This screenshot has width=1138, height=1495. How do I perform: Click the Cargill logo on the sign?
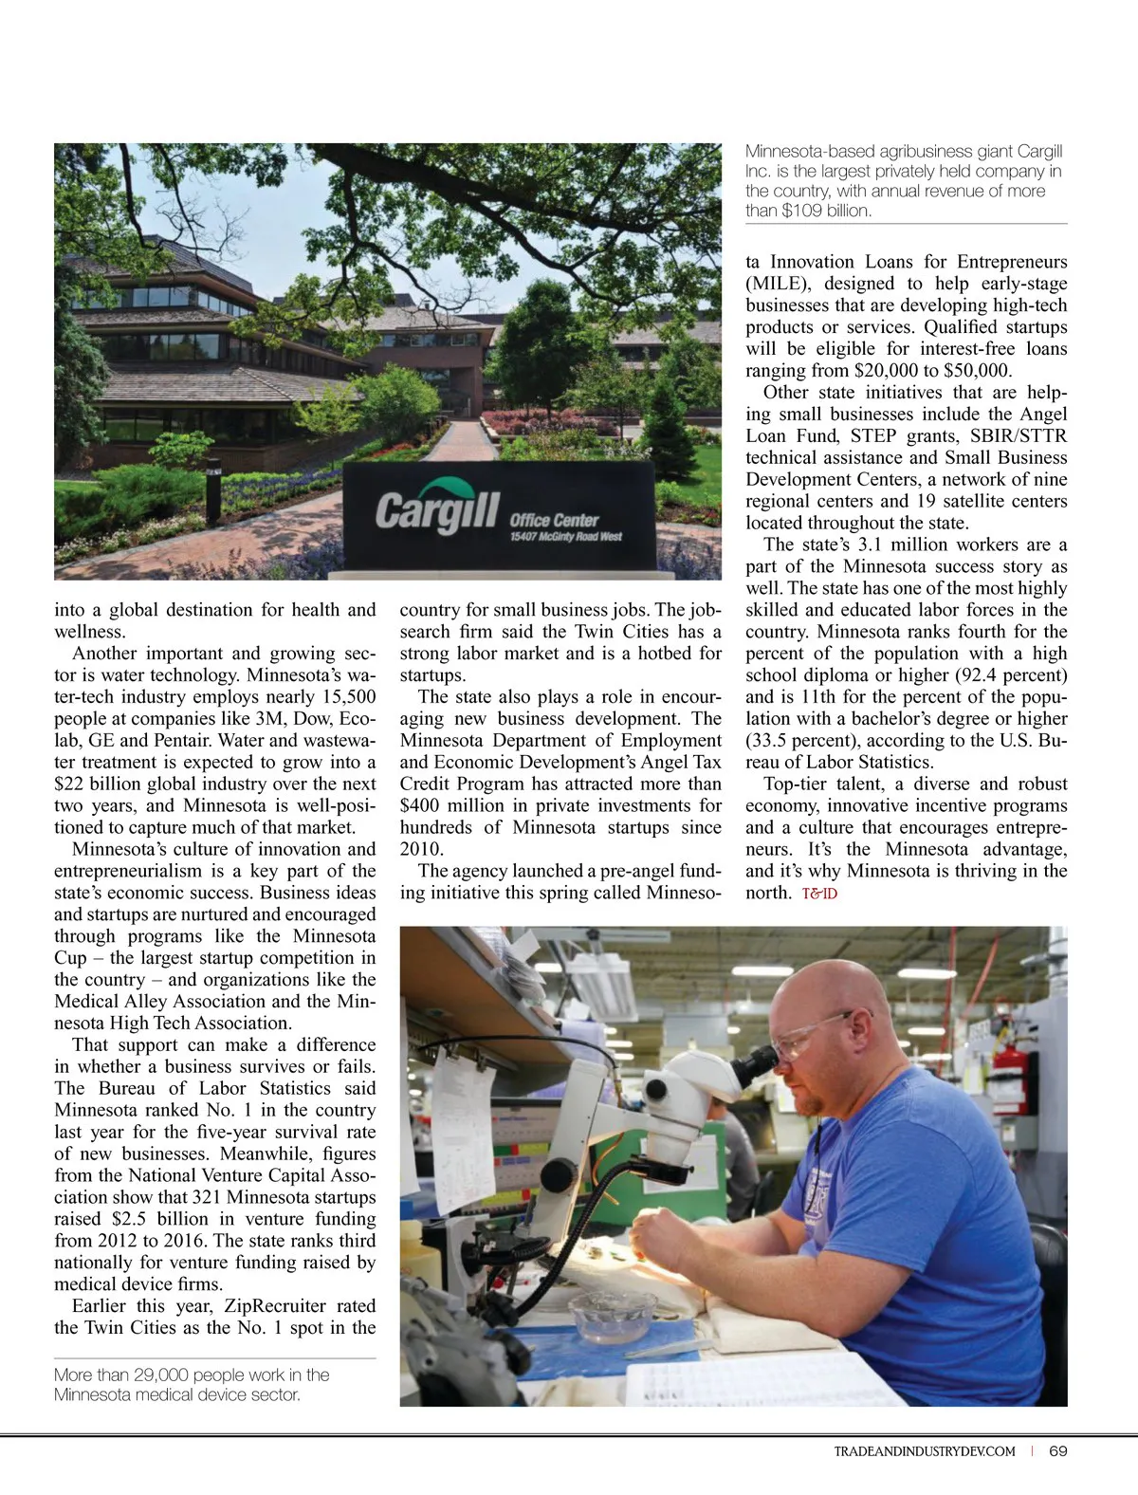point(436,511)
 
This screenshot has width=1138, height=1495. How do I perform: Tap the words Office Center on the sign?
point(554,520)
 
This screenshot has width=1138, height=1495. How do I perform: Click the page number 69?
point(1058,1451)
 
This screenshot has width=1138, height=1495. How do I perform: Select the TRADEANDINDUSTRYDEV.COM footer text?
point(924,1451)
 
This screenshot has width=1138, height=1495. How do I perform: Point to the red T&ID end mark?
point(819,894)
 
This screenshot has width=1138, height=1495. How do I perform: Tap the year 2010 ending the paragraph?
point(420,849)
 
